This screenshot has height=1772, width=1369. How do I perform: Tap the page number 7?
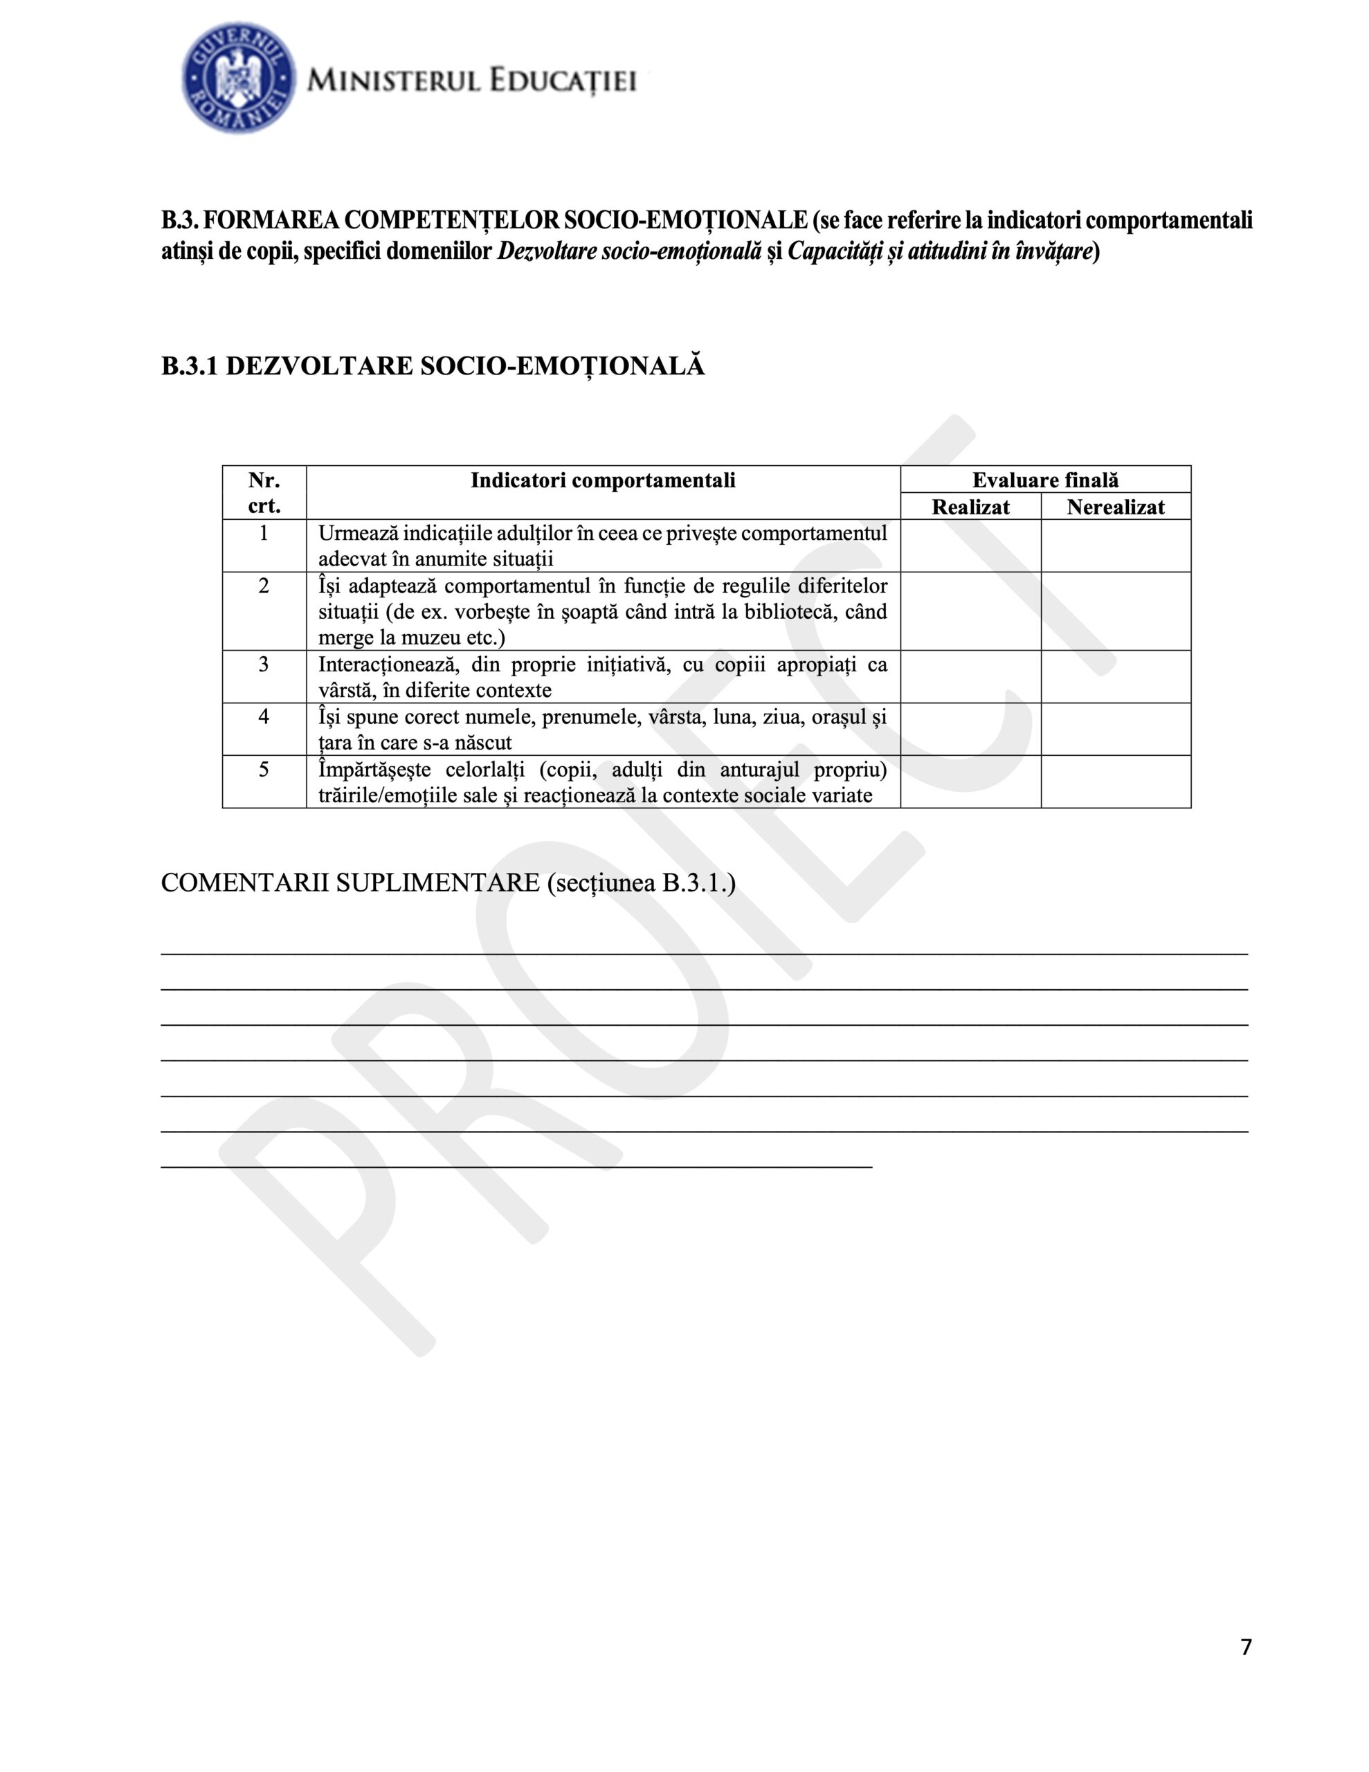[x=1246, y=1646]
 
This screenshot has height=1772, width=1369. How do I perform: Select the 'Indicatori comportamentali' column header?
[x=603, y=480]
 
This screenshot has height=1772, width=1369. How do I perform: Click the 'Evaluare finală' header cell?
[x=1045, y=480]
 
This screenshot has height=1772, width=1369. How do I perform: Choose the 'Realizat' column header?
[x=970, y=507]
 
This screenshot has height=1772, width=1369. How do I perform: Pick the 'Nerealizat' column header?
[x=1115, y=507]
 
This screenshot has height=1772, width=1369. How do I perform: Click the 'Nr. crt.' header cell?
[x=264, y=493]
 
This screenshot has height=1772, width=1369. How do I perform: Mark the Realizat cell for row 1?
[x=970, y=546]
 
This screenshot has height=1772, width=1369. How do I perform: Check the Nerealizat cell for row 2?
[x=1115, y=611]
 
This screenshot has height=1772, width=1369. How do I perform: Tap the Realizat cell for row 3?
[x=970, y=677]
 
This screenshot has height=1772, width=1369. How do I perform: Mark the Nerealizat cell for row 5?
[x=1115, y=781]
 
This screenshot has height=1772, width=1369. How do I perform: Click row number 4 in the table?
[x=264, y=717]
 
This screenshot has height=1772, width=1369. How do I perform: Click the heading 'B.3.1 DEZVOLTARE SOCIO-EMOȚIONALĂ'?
[x=433, y=366]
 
